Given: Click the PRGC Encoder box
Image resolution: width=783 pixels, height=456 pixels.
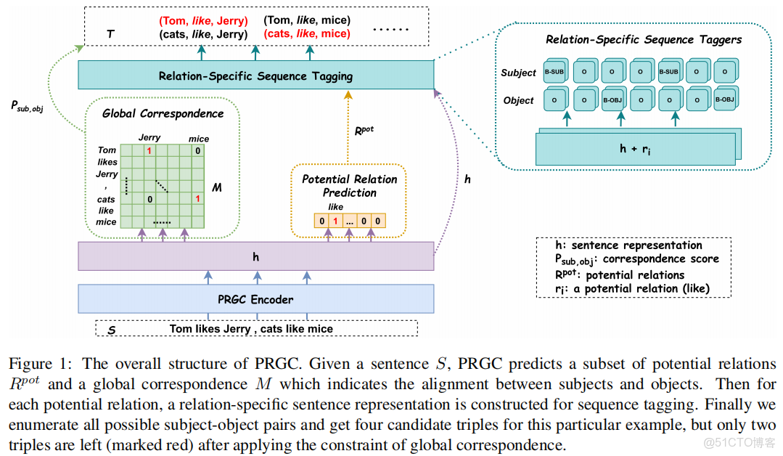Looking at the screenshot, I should (x=255, y=298).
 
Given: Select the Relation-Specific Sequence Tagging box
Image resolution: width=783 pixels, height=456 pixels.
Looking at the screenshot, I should (x=255, y=76).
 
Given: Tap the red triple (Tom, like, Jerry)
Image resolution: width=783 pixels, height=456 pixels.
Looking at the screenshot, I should (x=203, y=20).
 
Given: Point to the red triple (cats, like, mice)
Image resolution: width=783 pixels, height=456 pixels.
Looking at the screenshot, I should (x=307, y=33).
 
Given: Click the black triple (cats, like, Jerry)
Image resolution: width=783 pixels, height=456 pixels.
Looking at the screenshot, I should (x=203, y=33).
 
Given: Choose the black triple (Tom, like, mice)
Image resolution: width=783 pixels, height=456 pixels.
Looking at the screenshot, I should (x=307, y=20).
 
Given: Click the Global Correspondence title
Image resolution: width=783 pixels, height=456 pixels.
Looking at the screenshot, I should (x=163, y=113).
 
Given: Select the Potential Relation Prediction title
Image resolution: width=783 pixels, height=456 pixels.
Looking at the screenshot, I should (x=349, y=186).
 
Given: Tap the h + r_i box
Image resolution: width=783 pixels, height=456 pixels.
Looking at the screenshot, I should (x=633, y=148).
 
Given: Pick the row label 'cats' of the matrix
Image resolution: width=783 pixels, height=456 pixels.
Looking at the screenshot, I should (x=106, y=199).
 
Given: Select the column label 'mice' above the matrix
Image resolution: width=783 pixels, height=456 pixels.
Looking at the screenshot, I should (x=199, y=138).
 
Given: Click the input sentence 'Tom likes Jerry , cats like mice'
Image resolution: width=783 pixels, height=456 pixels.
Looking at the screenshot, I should (x=251, y=329).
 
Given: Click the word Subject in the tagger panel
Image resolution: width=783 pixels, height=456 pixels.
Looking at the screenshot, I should (x=518, y=73).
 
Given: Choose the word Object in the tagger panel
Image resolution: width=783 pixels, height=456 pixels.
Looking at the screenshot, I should (x=518, y=100).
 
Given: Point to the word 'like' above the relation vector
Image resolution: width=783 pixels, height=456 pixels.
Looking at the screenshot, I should (x=335, y=207).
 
